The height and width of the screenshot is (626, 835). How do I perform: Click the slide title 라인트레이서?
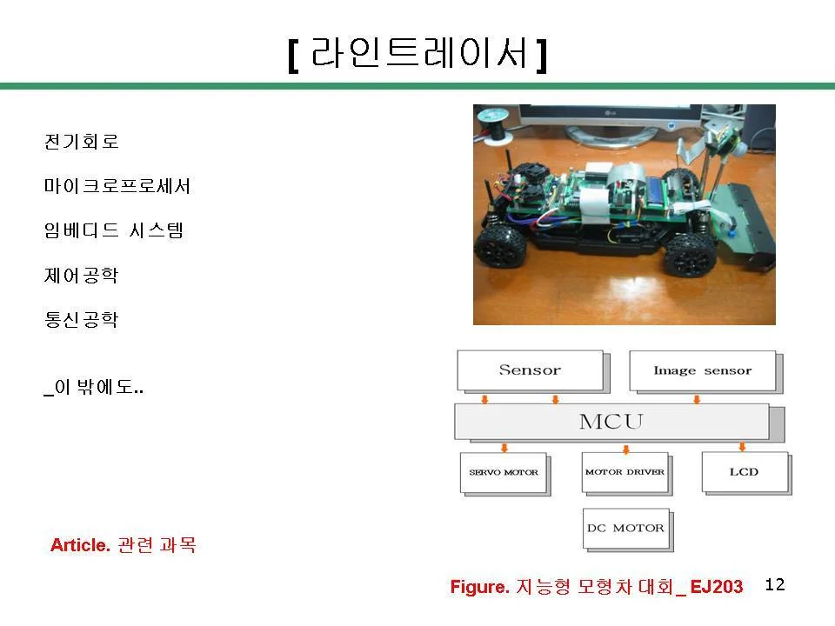[x=418, y=53]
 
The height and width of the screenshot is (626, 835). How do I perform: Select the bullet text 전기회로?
[x=82, y=142]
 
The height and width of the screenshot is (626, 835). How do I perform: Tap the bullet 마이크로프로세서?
[x=117, y=186]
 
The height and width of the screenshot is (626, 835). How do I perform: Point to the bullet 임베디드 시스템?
[x=114, y=230]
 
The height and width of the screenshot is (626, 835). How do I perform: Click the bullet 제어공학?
[x=82, y=276]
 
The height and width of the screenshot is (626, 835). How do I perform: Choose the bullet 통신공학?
[x=82, y=319]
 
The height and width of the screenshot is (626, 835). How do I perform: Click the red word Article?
[x=80, y=545]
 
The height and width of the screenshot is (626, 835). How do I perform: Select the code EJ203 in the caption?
[x=716, y=587]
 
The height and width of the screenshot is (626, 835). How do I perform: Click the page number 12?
[x=775, y=584]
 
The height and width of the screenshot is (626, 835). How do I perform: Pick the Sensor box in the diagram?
[x=530, y=370]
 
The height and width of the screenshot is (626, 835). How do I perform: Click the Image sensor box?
[x=703, y=370]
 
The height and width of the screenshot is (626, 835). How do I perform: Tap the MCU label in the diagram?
[x=611, y=422]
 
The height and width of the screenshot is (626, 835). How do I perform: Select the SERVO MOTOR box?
[x=504, y=472]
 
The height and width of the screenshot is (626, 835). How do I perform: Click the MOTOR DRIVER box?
[x=625, y=472]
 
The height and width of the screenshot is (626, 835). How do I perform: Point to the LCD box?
[x=745, y=471]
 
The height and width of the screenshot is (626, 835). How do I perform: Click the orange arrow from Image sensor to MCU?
[x=697, y=399]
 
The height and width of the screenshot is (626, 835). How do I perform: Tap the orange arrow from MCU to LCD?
[x=742, y=447]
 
